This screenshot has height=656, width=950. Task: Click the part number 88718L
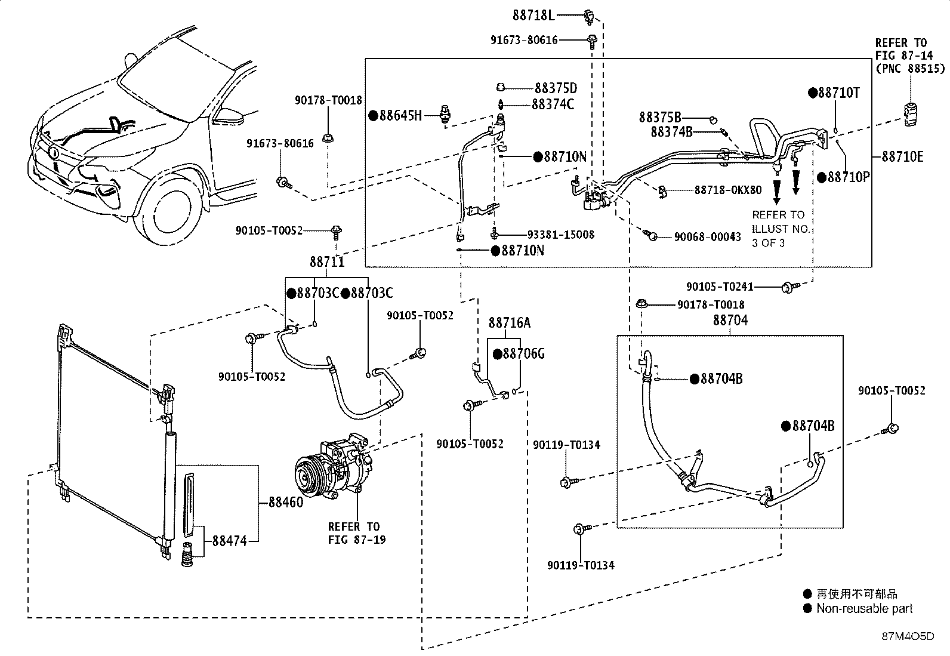tap(533, 16)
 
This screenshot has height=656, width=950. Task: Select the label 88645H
tap(400, 115)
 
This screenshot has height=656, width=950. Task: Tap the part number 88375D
tap(556, 88)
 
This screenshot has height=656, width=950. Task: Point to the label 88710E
tap(902, 156)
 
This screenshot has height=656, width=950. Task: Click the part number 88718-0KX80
tap(728, 190)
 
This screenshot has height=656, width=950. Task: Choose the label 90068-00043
tap(707, 236)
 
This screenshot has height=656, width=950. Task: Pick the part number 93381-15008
tap(561, 235)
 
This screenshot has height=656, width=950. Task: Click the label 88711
tap(327, 261)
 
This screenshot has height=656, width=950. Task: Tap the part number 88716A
tap(510, 322)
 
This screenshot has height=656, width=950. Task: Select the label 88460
tap(286, 502)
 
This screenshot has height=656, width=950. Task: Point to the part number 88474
tap(229, 541)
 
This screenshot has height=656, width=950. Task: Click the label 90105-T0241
tap(720, 287)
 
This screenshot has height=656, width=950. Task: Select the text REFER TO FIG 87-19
tap(357, 533)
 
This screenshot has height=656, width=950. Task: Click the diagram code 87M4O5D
tap(908, 636)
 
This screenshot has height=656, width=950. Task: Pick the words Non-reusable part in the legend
tap(864, 608)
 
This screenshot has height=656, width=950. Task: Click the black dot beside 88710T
tap(813, 93)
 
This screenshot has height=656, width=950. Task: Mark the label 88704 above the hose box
tap(730, 320)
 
